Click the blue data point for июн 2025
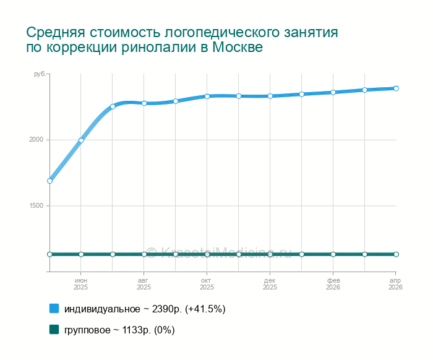[x=81, y=140]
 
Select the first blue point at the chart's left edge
[x=49, y=181]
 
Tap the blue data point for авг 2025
[x=144, y=103]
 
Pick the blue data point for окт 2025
[x=207, y=96]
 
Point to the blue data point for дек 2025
[x=270, y=96]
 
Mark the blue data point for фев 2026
[x=333, y=92]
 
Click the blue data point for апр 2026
[x=396, y=88]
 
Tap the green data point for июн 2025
[x=81, y=254]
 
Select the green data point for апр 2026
[x=396, y=254]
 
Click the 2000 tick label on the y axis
[x=35, y=140]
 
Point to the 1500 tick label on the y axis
[x=35, y=206]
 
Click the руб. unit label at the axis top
[x=40, y=74]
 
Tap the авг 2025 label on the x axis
[x=144, y=284]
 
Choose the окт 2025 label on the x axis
[x=207, y=284]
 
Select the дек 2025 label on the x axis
[x=270, y=284]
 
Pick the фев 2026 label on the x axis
[x=333, y=284]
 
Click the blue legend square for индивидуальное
[x=54, y=308]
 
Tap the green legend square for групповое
[x=54, y=330]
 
